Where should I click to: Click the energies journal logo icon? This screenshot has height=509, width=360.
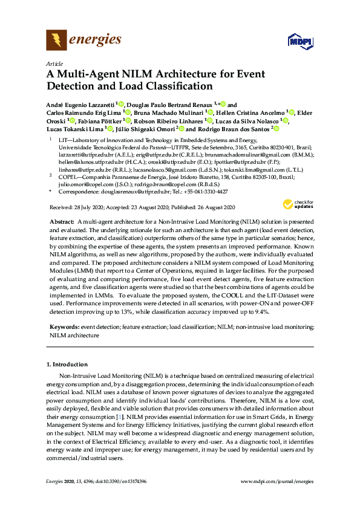pos(56,41)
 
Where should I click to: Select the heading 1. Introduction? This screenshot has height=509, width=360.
pos(67,365)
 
